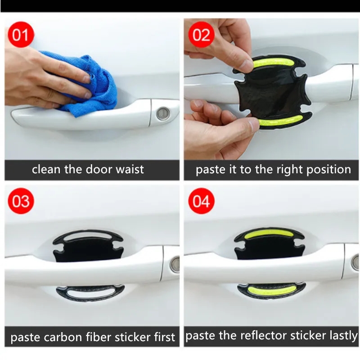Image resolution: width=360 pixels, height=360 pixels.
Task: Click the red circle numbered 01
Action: pos(21,35)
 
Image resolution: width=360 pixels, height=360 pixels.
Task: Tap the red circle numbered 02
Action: pos(201,35)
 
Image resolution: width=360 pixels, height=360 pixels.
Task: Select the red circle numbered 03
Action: pos(21,201)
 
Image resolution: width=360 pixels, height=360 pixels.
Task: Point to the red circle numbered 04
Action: pos(201,201)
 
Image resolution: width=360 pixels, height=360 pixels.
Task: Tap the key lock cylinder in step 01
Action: pos(163,114)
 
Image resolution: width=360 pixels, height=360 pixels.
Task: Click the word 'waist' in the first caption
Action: pos(130,170)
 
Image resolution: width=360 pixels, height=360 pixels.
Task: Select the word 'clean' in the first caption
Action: pos(47,170)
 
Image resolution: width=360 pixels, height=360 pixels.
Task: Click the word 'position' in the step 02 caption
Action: pos(328,170)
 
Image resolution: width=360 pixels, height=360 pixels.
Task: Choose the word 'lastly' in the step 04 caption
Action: pos(344,336)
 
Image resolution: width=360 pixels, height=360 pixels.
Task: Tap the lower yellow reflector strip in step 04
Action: pos(271,289)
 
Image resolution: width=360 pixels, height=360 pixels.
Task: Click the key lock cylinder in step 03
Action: pos(175,265)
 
